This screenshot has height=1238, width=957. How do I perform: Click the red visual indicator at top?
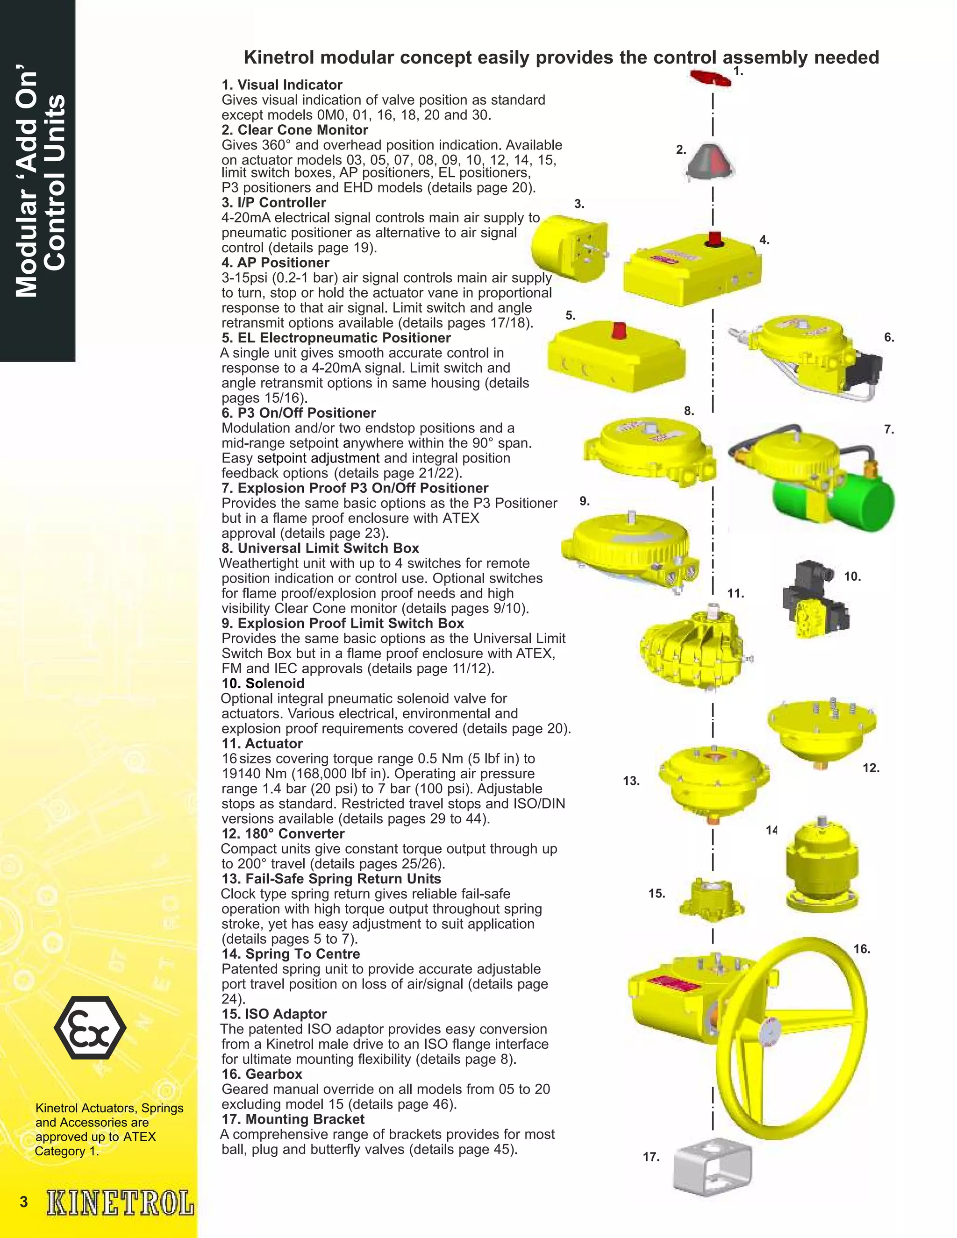710,78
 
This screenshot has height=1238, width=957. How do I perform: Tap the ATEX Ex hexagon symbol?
90,1028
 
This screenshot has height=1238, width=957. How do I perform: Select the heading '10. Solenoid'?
263,683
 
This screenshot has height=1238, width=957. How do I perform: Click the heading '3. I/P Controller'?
274,202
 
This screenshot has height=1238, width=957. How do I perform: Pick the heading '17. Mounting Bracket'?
293,1119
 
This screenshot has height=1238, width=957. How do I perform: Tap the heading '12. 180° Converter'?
283,833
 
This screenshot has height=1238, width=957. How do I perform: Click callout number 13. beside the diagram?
631,781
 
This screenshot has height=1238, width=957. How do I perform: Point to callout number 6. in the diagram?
889,337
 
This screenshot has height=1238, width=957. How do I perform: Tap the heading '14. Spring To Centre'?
291,953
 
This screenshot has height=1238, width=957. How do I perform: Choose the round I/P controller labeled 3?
567,248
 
